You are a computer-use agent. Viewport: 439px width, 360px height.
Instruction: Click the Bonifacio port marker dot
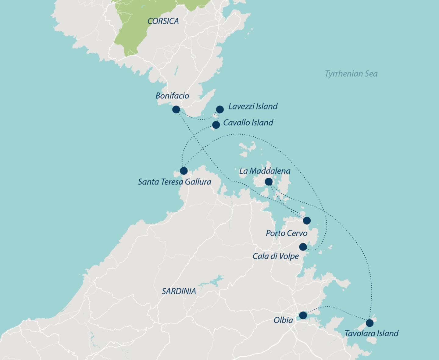176,109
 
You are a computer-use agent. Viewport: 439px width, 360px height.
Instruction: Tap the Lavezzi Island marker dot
220,109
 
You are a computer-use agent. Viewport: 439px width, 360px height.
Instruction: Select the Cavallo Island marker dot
216,125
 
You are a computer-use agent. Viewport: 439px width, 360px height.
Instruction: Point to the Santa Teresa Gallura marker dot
184,171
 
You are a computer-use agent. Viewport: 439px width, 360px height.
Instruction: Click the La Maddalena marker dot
269,182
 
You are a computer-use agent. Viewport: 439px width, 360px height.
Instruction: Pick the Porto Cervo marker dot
307,220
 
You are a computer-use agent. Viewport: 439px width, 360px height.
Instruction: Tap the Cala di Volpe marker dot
303,247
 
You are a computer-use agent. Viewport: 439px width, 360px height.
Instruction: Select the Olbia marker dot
303,315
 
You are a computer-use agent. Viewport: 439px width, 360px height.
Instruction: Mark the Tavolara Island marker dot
369,323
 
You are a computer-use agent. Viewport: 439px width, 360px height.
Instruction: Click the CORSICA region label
163,21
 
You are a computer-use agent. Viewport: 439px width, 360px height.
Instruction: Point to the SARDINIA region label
179,291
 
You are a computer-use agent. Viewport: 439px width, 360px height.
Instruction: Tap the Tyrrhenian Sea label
351,74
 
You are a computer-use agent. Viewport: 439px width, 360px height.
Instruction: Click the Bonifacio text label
172,96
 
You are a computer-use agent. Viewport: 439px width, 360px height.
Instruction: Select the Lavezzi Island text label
253,106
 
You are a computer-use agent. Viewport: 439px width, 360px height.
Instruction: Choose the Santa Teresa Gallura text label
174,182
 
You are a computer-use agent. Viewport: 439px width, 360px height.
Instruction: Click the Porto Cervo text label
287,233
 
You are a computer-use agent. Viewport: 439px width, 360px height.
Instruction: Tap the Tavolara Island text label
371,333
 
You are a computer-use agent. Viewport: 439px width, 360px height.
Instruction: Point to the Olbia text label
283,320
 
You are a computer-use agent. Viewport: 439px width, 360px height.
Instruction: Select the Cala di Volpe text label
276,256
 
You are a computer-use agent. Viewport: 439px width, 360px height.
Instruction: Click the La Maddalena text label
265,171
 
